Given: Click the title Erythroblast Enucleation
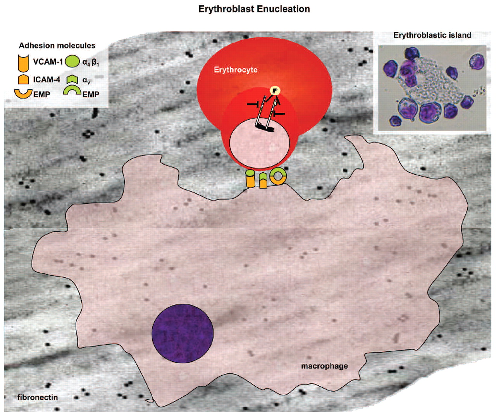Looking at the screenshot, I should (254, 9).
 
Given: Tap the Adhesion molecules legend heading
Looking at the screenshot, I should (57, 45).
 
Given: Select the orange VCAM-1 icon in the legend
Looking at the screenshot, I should (23, 62).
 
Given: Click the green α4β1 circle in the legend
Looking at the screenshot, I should (72, 62).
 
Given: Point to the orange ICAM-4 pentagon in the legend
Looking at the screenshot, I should (24, 79).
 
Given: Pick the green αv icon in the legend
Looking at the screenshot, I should (72, 79).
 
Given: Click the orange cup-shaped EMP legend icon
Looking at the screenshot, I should (23, 93).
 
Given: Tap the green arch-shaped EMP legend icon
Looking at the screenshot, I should (72, 91).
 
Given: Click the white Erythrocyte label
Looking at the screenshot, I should (236, 70).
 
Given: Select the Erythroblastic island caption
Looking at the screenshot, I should (432, 35).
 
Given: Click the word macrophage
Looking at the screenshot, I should (324, 366).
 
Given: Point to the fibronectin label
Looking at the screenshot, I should (38, 397).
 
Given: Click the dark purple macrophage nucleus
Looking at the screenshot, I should (183, 333).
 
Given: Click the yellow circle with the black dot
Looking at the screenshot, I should (275, 91).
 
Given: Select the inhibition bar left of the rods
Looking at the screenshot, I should (253, 104).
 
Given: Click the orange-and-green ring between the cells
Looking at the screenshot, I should (278, 176).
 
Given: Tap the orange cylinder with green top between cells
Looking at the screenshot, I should (250, 179).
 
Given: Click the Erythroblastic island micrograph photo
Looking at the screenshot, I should (432, 88).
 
